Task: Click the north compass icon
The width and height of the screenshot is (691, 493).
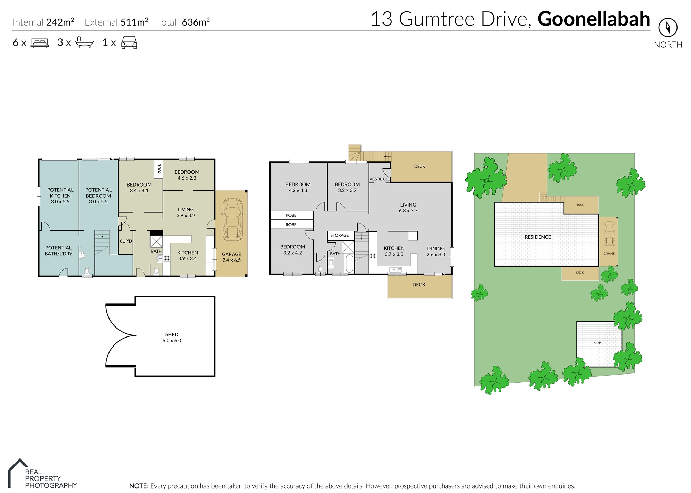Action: (668, 27)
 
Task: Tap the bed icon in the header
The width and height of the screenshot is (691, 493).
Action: (40, 43)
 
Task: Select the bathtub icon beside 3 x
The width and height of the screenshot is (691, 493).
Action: (84, 42)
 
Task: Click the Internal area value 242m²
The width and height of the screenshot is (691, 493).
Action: (60, 22)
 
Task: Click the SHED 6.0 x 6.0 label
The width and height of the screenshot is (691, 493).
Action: (172, 338)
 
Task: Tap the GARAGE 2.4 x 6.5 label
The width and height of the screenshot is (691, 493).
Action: (231, 257)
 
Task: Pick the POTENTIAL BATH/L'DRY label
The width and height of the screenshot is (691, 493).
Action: (58, 250)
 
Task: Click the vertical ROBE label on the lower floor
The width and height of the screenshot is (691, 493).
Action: (159, 169)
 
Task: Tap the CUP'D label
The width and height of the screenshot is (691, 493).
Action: (126, 241)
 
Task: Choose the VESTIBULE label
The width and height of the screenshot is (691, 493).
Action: (380, 179)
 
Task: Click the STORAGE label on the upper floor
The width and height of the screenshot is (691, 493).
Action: (340, 235)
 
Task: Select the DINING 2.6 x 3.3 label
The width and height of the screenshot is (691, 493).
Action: (436, 252)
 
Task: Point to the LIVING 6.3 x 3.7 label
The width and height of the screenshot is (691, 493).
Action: (408, 208)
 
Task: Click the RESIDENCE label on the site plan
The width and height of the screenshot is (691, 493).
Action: (538, 237)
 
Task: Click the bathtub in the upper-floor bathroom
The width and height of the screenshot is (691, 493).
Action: (349, 264)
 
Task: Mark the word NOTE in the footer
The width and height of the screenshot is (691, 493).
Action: (139, 486)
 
